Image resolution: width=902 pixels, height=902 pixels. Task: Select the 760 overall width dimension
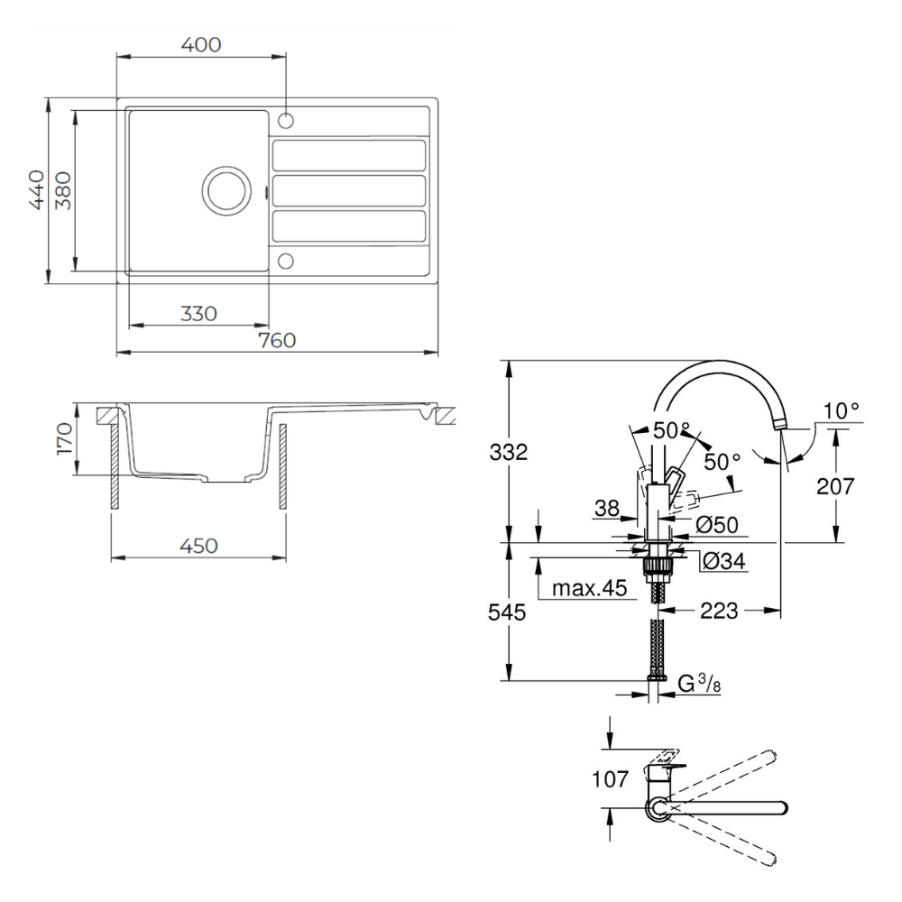point(277,340)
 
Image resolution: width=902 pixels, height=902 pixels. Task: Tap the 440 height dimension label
point(37,189)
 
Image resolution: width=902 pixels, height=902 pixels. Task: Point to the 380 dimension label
point(62,189)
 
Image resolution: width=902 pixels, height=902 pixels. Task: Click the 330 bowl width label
point(198,313)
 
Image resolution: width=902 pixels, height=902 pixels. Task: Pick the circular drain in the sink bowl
point(224,189)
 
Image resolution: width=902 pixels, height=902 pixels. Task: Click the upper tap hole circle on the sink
point(286,120)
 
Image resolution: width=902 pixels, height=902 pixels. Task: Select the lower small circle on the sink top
point(286,261)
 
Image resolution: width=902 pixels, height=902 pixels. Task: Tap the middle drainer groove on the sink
point(348,189)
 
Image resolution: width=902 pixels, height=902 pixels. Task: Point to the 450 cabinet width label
point(198,546)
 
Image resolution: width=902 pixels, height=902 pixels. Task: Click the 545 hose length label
point(508,612)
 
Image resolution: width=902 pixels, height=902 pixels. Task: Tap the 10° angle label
point(841,411)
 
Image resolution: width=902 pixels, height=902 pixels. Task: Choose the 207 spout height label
point(836,487)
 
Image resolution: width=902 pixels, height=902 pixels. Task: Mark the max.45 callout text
point(588,589)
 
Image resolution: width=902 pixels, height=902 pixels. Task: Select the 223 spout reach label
point(719,612)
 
